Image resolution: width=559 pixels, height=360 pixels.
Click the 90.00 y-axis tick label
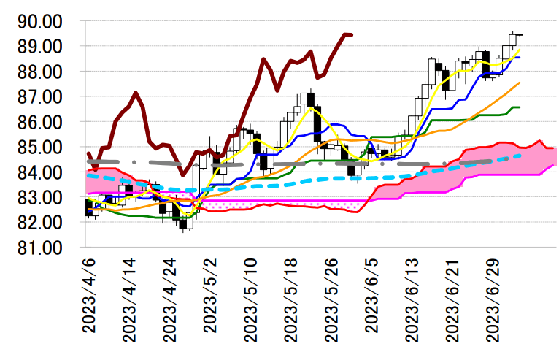click(x=43, y=21)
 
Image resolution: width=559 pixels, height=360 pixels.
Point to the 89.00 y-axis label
click(x=43, y=47)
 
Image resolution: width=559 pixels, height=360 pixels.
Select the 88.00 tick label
click(x=43, y=72)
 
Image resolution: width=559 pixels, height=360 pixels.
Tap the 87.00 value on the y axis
click(x=43, y=96)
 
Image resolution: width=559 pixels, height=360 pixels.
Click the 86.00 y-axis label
click(x=43, y=122)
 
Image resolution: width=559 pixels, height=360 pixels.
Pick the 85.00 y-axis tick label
click(x=43, y=147)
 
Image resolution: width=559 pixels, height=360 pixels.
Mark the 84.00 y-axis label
click(x=43, y=172)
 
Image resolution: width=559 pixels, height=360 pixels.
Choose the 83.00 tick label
click(x=43, y=197)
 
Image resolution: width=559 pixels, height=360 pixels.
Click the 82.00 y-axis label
click(x=43, y=222)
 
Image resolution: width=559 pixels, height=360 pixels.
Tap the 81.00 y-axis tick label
click(x=43, y=248)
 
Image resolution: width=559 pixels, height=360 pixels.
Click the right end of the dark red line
click(x=352, y=34)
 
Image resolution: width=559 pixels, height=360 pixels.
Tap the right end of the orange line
click(x=519, y=83)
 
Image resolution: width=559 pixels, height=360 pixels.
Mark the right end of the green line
click(x=519, y=107)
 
